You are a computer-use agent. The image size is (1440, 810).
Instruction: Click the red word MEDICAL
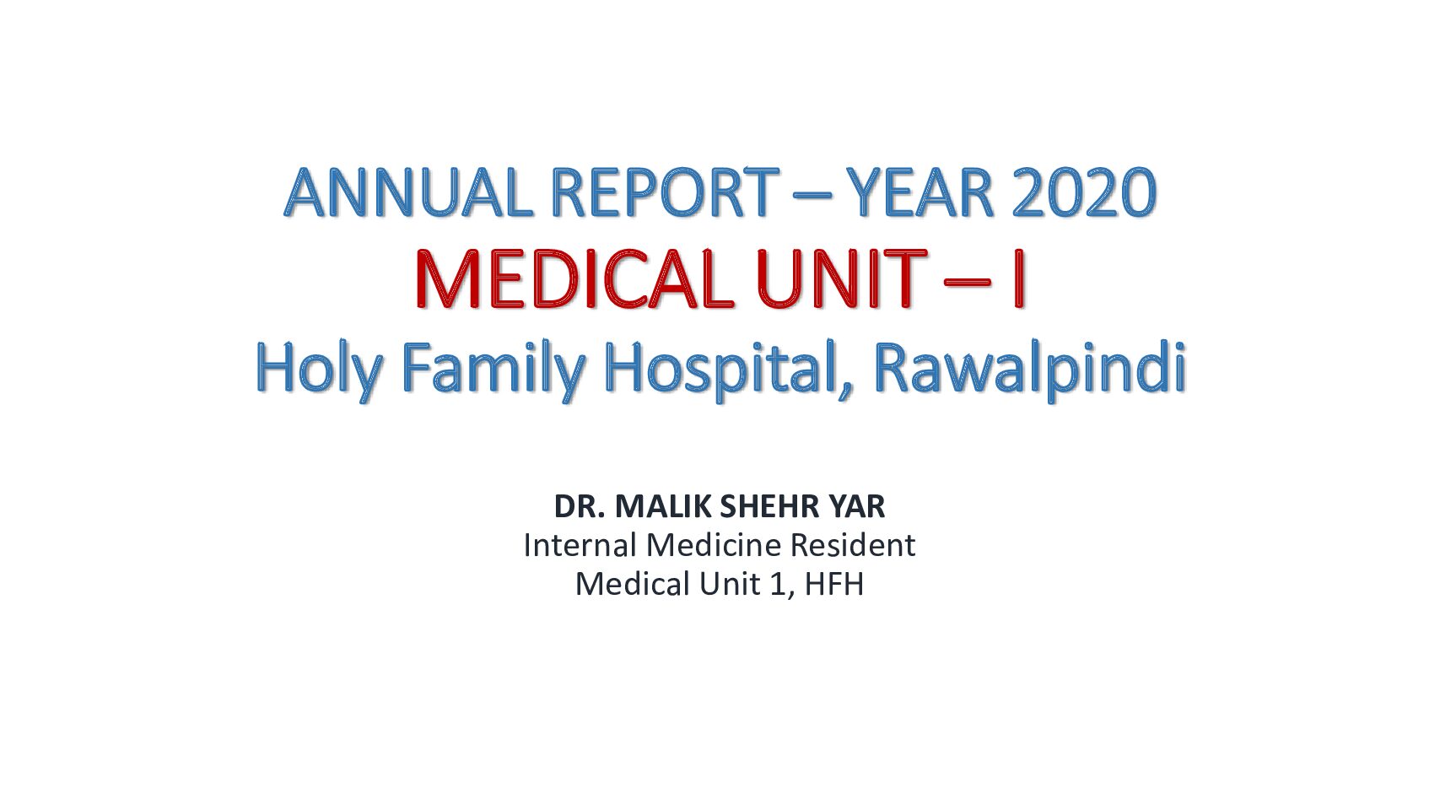[574, 280]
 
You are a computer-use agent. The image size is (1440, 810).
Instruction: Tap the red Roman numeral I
[1017, 280]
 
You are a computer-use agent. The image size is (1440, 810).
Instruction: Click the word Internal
[580, 545]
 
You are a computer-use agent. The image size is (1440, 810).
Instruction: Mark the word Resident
[852, 545]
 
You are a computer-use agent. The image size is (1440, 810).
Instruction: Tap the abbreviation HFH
[833, 585]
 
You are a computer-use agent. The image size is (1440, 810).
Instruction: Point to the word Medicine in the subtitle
[714, 545]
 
